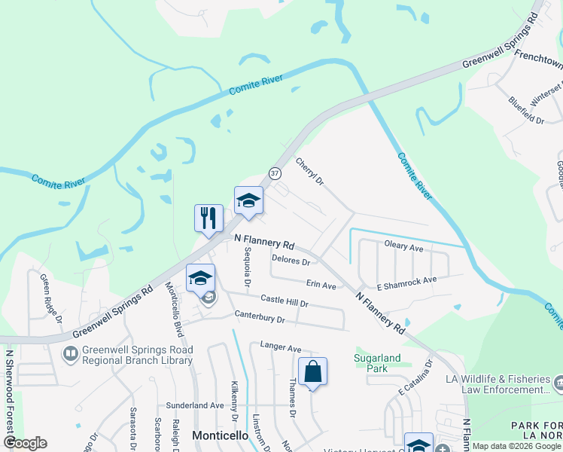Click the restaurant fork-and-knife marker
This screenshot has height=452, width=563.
coord(208,218)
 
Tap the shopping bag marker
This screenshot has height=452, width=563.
coord(312,371)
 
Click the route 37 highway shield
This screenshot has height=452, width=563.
coord(275,173)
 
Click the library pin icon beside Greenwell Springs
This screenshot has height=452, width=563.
coord(70,353)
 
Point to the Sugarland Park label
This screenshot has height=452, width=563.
coord(371,363)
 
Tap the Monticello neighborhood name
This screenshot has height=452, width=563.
coord(221,435)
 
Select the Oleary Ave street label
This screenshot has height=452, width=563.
coord(405,246)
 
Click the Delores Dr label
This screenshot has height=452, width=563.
coord(291,261)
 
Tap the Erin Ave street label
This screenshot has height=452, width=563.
coord(321,286)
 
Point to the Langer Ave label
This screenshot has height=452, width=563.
coord(280,347)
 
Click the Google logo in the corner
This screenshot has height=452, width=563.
coord(25,443)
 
